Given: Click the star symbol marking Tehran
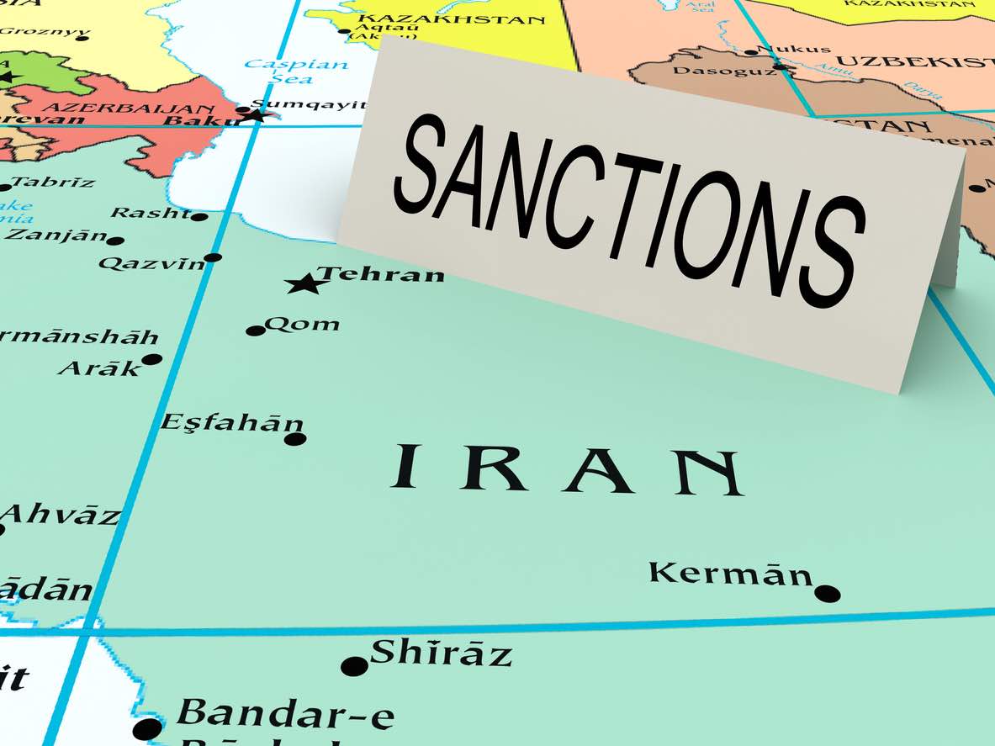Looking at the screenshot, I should [307, 283].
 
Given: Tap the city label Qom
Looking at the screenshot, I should [302, 324].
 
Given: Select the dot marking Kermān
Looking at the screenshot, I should [828, 593].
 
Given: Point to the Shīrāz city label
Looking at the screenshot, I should [441, 653].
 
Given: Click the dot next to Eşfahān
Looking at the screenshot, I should [294, 438].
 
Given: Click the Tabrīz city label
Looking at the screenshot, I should [52, 181].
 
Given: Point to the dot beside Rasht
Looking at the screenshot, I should [199, 216].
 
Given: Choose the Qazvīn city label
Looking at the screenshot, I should [151, 263].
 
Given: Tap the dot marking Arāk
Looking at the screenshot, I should [152, 359].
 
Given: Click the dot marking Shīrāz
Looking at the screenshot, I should [354, 666].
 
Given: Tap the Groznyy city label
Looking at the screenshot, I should [44, 33].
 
